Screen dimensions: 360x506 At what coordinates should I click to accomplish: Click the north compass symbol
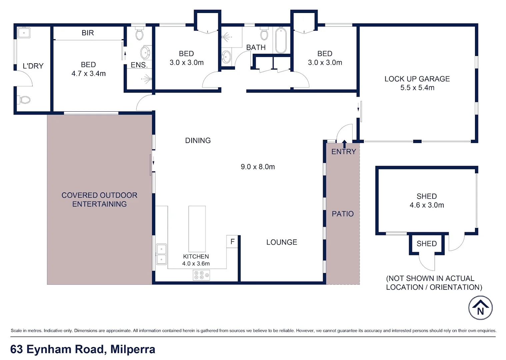(x=480, y=308)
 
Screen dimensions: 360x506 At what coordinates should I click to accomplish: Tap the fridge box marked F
(x=232, y=241)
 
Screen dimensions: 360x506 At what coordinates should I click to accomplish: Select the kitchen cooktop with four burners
(x=201, y=275)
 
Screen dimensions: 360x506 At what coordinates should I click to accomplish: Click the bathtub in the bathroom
(x=281, y=40)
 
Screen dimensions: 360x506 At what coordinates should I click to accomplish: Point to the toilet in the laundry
(x=24, y=99)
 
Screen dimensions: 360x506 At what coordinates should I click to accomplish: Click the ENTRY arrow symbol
(x=344, y=144)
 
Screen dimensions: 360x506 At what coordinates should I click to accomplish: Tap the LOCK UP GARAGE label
(x=417, y=79)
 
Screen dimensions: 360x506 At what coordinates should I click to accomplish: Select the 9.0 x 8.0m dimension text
(x=258, y=167)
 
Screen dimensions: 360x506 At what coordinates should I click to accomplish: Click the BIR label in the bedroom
(x=88, y=33)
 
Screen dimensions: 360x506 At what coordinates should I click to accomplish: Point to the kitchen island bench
(x=197, y=229)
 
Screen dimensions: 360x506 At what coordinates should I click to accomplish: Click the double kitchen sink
(x=161, y=254)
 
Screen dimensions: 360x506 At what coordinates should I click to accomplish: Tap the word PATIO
(x=343, y=214)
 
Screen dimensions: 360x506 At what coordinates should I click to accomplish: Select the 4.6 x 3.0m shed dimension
(x=427, y=205)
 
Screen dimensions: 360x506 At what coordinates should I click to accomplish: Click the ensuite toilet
(x=139, y=34)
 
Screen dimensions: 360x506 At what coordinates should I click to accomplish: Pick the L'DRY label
(x=33, y=66)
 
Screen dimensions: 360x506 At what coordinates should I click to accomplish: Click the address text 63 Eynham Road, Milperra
(x=83, y=349)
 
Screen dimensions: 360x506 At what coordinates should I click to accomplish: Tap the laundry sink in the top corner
(x=24, y=33)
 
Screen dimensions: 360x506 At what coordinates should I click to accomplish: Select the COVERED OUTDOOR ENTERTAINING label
(x=99, y=199)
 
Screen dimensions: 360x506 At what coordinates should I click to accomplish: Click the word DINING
(x=198, y=140)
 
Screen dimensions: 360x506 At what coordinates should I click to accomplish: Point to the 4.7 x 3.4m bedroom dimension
(x=88, y=73)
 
